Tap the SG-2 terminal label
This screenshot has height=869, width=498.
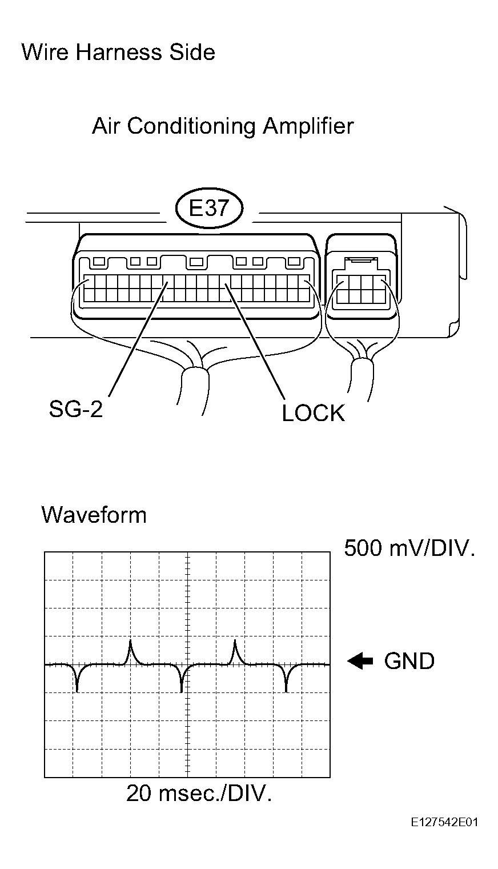[x=76, y=409]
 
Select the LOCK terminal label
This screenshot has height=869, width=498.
[x=313, y=413]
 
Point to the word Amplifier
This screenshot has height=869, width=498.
[x=308, y=126]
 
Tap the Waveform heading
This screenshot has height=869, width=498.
[x=94, y=515]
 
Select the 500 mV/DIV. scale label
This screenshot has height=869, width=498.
[x=409, y=548]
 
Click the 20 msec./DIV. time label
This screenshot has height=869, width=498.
[x=199, y=793]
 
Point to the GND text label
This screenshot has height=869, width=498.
[x=409, y=660]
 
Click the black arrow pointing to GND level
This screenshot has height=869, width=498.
[x=360, y=661]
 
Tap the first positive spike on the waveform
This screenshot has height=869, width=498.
[x=131, y=652]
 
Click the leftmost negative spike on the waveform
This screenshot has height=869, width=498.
[x=78, y=678]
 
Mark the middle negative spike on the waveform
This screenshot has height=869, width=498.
[x=182, y=678]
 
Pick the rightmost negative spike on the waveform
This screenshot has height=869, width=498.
[x=286, y=678]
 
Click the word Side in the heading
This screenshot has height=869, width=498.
[x=192, y=53]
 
